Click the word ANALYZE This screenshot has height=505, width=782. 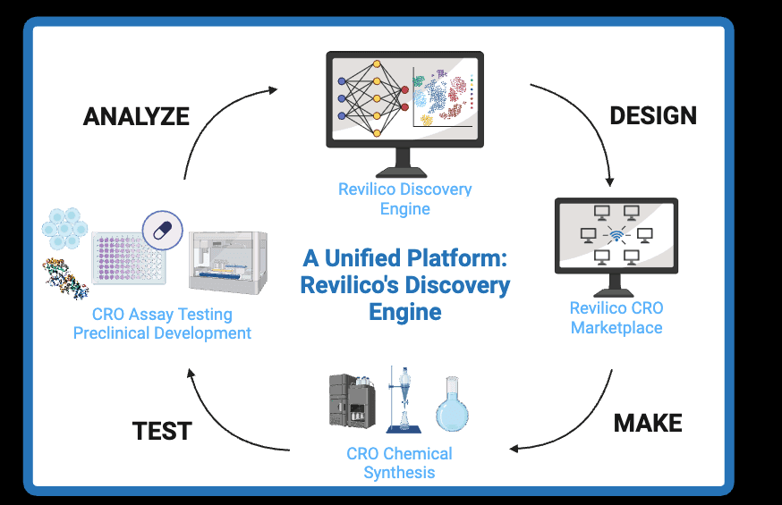click(136, 116)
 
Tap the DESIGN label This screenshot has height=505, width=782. click(652, 115)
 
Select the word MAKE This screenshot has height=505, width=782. click(648, 423)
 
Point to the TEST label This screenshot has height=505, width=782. click(162, 431)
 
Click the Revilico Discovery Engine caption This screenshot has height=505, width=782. click(404, 199)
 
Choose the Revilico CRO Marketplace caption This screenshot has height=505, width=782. click(616, 318)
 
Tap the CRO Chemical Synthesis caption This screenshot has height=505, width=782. click(399, 463)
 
